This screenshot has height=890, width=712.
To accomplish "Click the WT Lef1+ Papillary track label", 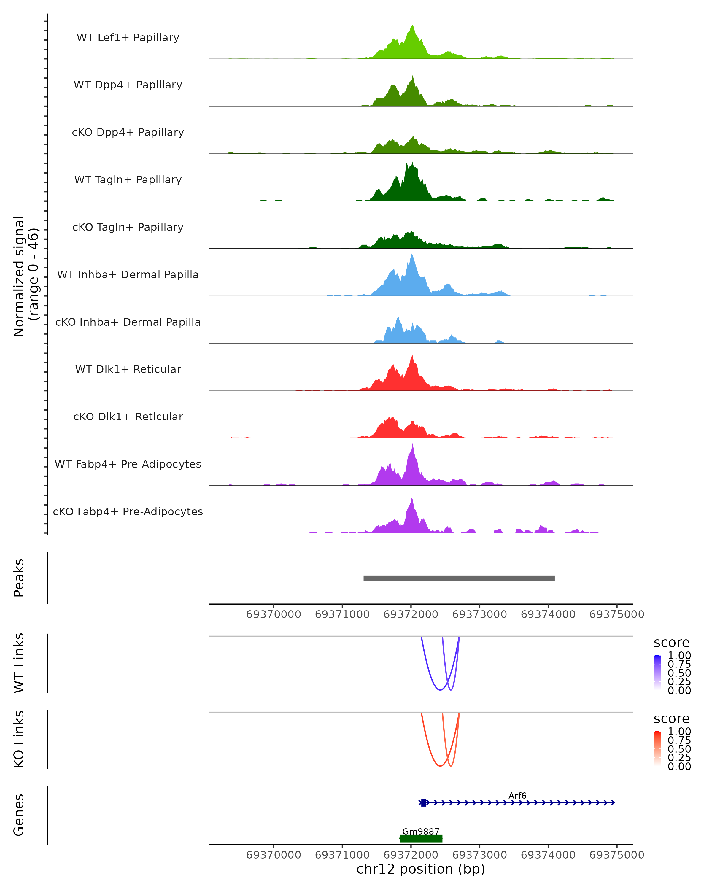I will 128,38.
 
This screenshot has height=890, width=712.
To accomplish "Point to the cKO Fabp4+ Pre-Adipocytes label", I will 128,511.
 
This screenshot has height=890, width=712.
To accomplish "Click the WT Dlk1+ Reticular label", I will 128,369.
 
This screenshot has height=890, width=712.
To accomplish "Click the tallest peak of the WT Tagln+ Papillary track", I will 407,163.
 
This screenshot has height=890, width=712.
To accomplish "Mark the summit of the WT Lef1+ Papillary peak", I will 412,26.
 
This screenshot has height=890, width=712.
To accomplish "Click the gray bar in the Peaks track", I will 459,578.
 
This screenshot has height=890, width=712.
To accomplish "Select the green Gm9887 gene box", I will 421,838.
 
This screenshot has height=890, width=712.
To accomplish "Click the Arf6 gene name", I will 517,795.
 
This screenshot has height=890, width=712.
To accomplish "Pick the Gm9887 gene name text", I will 421,831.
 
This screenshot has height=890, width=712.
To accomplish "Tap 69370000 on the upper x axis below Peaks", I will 274,614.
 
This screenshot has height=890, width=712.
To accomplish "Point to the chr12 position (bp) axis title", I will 421,869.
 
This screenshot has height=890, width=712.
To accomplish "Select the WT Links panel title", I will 19,663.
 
